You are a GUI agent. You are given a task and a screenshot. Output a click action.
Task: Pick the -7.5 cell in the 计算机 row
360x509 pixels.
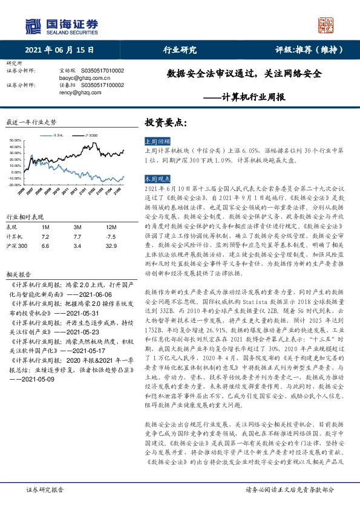(x=110, y=236)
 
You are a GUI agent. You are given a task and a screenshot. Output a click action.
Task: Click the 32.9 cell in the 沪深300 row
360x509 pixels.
(x=110, y=246)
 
